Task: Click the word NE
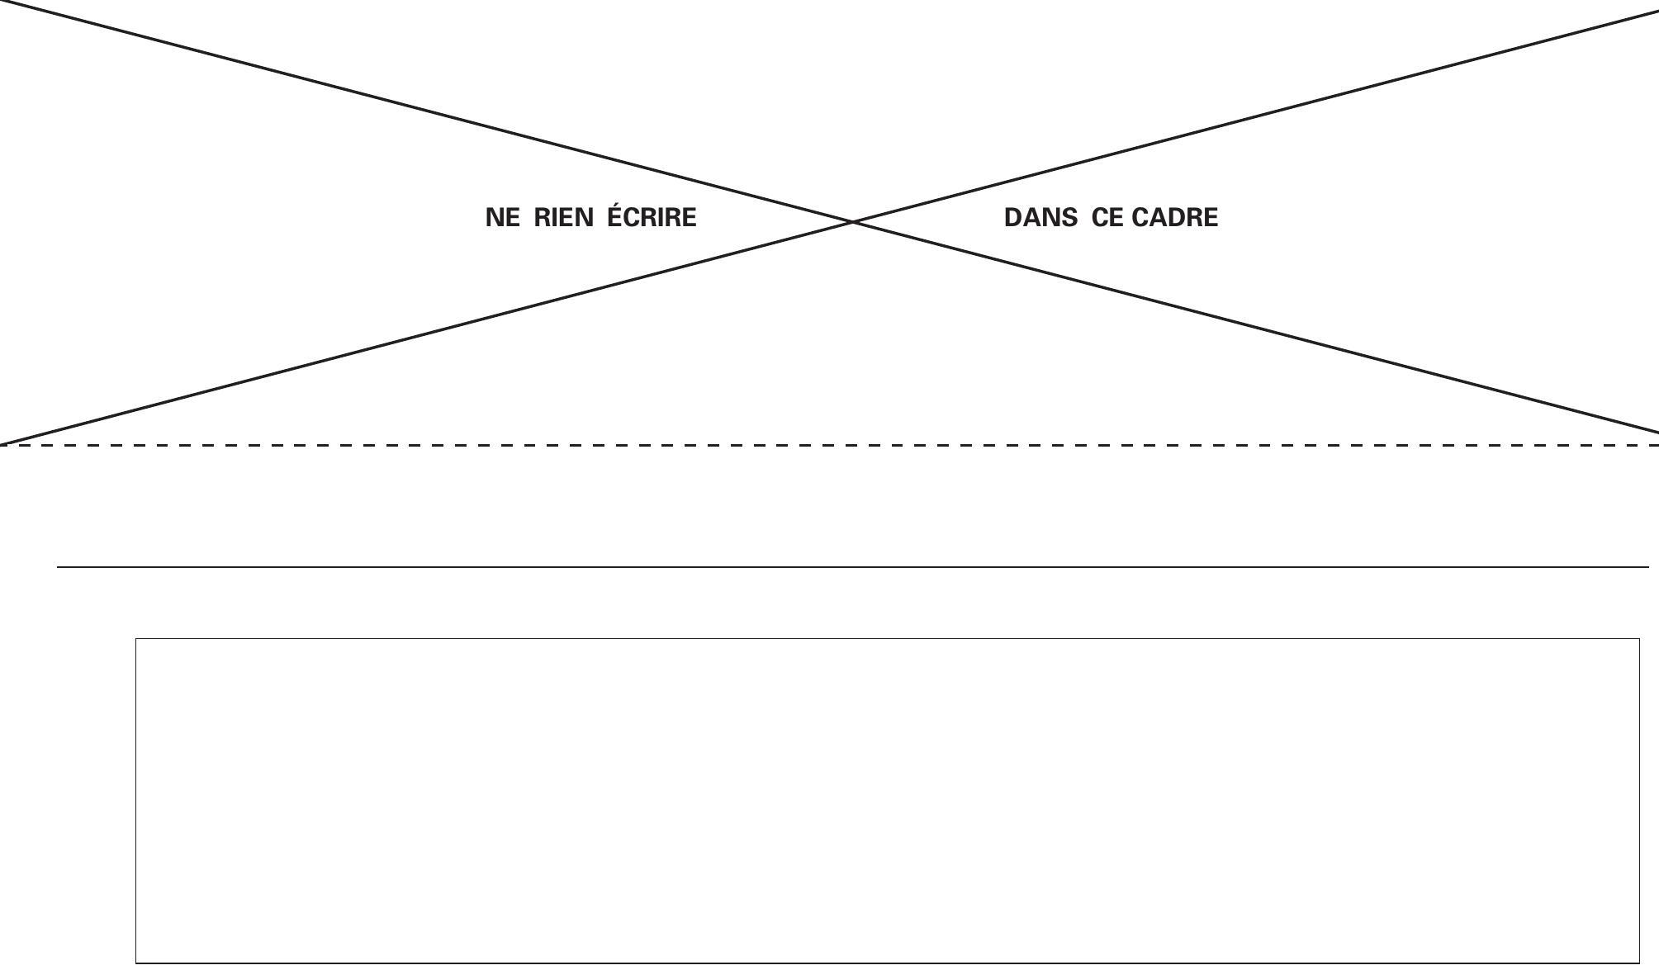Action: pos(503,218)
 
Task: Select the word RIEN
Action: pos(563,218)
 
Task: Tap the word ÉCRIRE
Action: pos(652,215)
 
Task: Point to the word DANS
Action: pos(1040,218)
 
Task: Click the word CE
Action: pos(1108,218)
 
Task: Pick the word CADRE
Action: pos(1175,218)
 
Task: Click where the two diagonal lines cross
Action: pos(853,221)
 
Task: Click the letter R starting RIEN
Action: pos(543,218)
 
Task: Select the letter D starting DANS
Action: pos(1013,218)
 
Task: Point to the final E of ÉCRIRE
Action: pos(690,218)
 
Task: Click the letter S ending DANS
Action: pos(1069,218)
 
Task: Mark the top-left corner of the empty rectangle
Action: pos(136,638)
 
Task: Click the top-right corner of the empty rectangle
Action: pos(1639,638)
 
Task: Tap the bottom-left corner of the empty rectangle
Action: pos(136,963)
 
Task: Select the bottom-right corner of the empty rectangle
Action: pos(1639,963)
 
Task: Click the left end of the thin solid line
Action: pos(57,567)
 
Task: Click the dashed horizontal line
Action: pos(829,445)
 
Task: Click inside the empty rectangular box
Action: pos(888,801)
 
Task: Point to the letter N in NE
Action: pos(494,218)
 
